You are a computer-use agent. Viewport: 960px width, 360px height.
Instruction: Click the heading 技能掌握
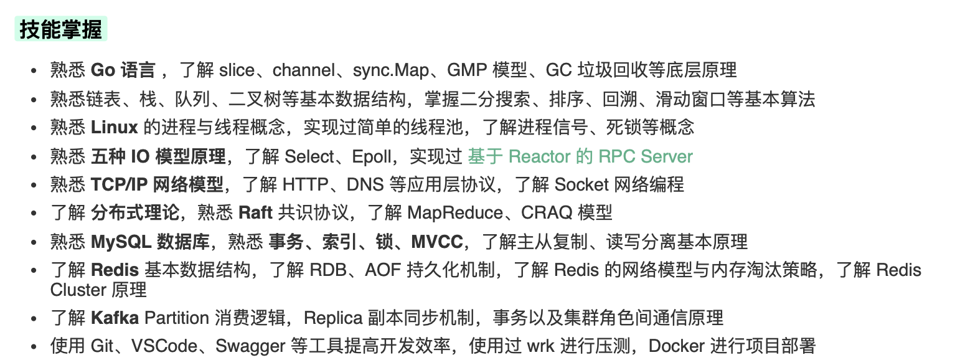coord(60,29)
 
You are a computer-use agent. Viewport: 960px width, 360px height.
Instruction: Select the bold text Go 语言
coord(123,70)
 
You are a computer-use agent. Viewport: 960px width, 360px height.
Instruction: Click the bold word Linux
coord(114,128)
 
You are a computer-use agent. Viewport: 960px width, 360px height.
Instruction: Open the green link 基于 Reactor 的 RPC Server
coord(580,156)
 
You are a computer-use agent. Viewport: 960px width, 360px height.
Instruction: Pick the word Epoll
coord(372,156)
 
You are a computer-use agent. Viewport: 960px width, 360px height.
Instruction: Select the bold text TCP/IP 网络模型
coord(157,185)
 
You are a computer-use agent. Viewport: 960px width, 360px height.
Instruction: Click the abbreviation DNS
coord(366,185)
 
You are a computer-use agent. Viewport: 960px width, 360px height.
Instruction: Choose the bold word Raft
coord(255,213)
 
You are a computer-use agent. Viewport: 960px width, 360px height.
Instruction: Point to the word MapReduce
coord(455,213)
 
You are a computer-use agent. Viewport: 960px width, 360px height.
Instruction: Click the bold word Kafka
coord(115,318)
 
